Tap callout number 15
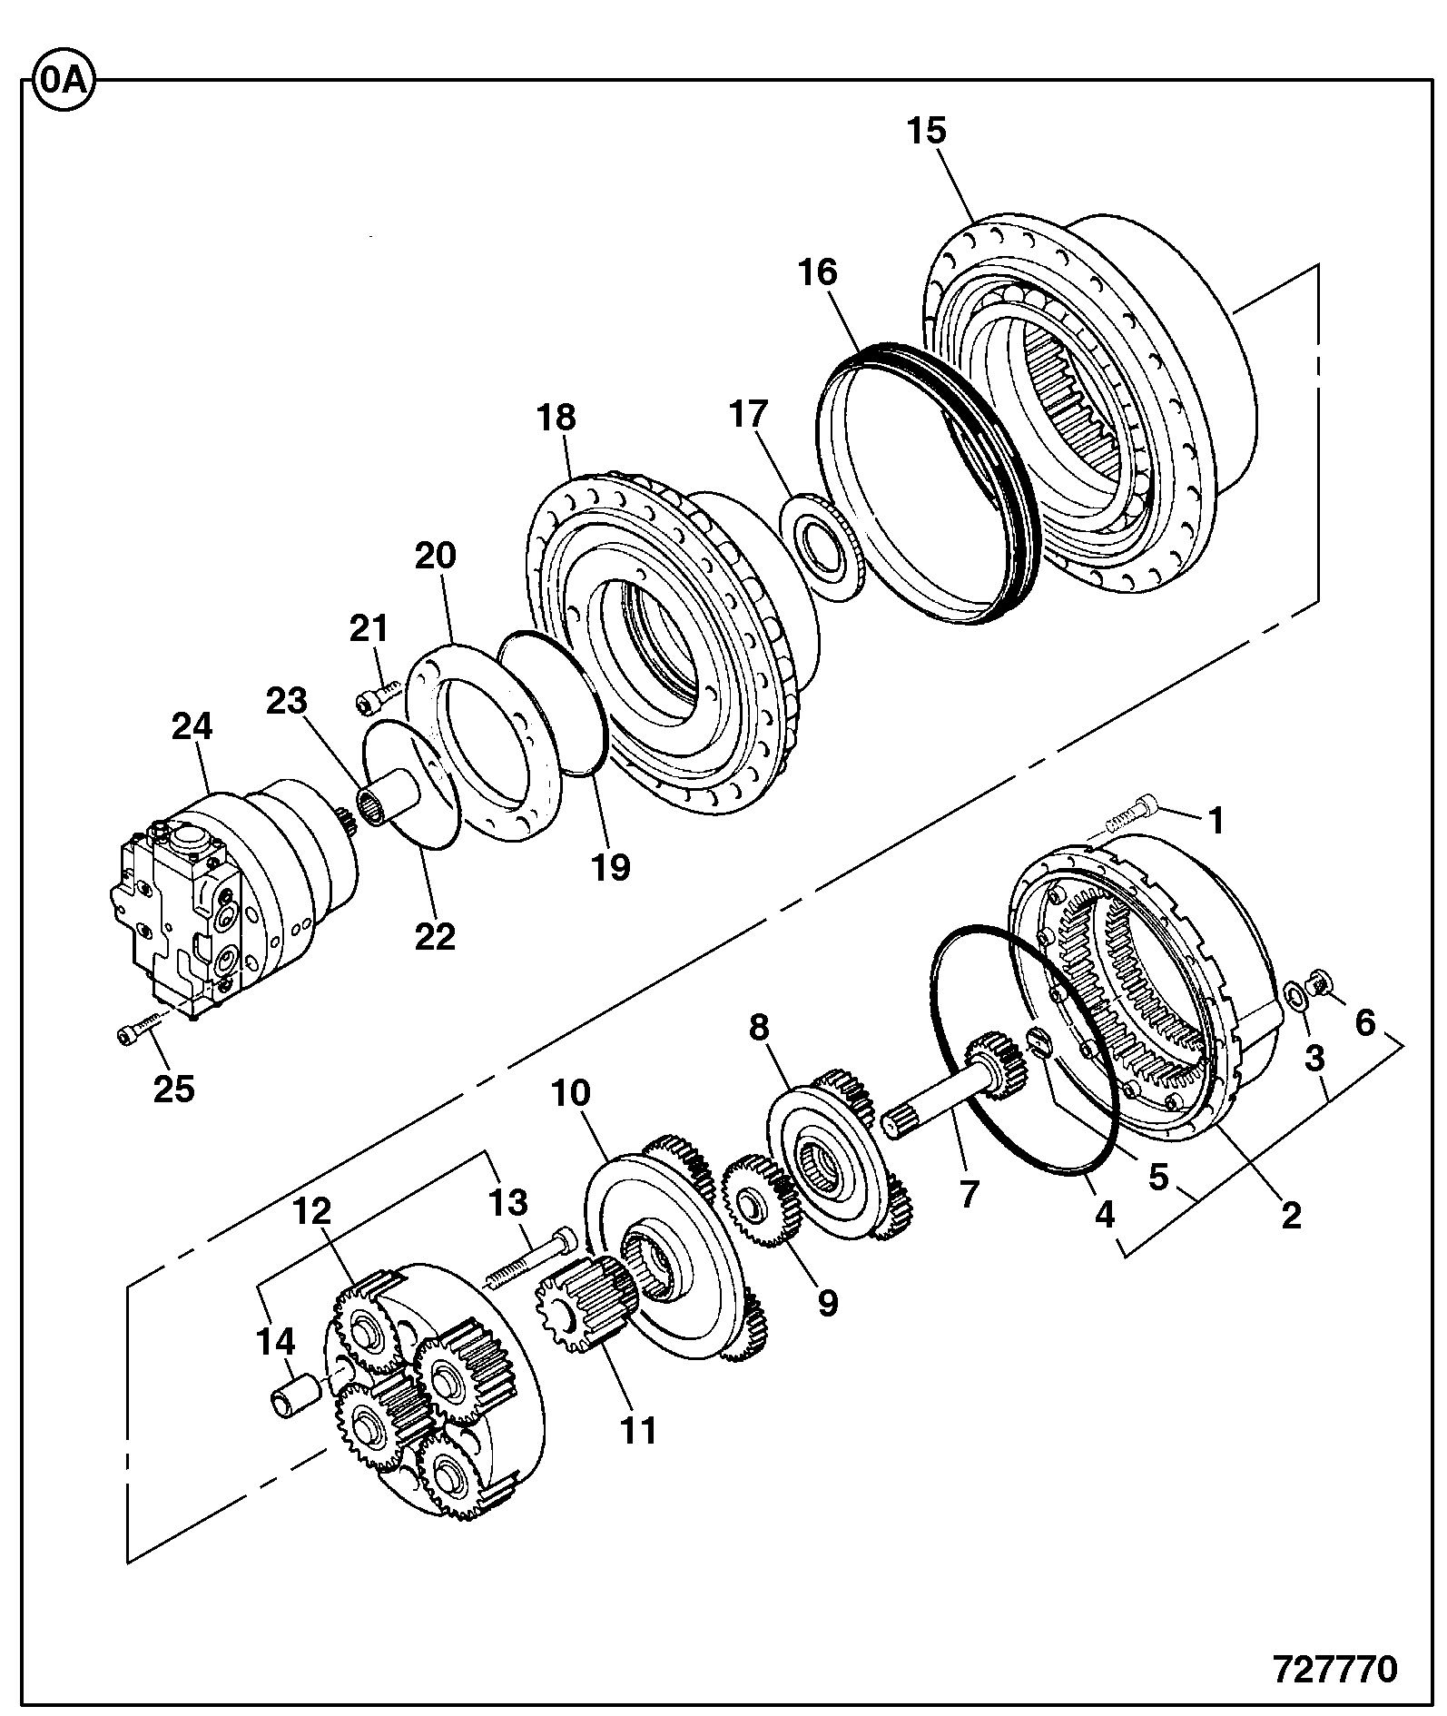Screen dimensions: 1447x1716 click(x=927, y=131)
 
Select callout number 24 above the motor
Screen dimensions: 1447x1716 click(x=192, y=726)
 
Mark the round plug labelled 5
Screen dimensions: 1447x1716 click(x=1039, y=1043)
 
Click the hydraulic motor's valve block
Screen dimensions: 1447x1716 click(x=177, y=908)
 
